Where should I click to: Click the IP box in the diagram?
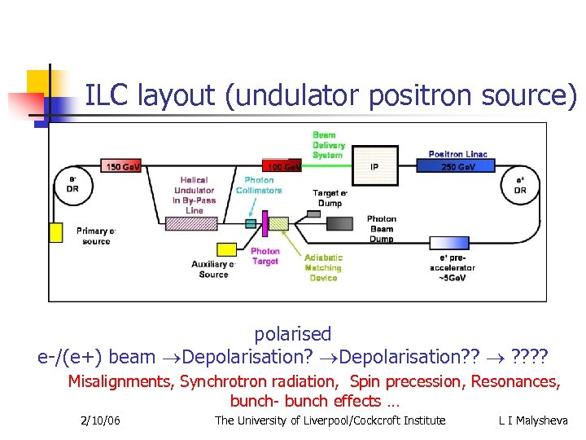pyautogui.click(x=374, y=166)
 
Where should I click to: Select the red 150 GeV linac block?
pyautogui.click(x=122, y=166)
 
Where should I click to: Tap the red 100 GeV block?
pyautogui.click(x=282, y=166)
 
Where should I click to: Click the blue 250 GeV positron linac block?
pyautogui.click(x=455, y=166)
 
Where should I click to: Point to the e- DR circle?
pyautogui.click(x=72, y=185)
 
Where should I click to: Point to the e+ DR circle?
pyautogui.click(x=520, y=185)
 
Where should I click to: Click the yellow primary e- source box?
pyautogui.click(x=56, y=232)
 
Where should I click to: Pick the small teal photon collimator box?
pyautogui.click(x=251, y=223)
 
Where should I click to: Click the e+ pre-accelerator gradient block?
pyautogui.click(x=452, y=243)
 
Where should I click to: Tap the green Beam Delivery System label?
pyautogui.click(x=328, y=145)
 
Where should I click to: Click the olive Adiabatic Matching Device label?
pyautogui.click(x=323, y=267)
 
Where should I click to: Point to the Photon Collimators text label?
pyautogui.click(x=259, y=185)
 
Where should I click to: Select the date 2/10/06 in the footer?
pyautogui.click(x=101, y=420)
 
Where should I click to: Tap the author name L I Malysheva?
pyautogui.click(x=533, y=420)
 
